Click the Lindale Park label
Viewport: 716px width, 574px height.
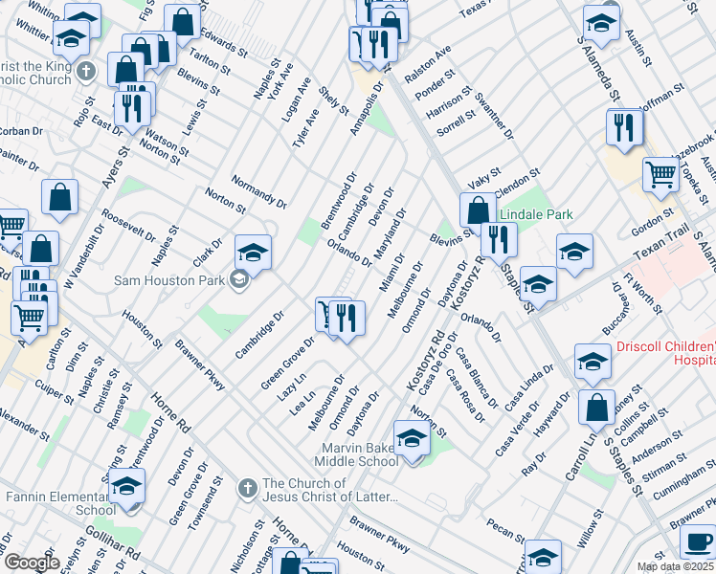tap(536, 215)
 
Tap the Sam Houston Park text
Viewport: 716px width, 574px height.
tap(168, 280)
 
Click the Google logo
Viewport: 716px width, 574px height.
tap(32, 563)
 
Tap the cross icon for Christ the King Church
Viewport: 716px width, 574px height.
tap(86, 72)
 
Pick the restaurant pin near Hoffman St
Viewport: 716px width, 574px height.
tap(624, 128)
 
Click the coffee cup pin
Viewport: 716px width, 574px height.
tap(696, 542)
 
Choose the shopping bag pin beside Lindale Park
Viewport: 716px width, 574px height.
tap(477, 210)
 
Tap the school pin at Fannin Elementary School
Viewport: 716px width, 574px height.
tap(126, 486)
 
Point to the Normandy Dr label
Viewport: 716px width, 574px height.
tap(259, 191)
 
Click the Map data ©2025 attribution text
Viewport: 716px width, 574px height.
tap(675, 566)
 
